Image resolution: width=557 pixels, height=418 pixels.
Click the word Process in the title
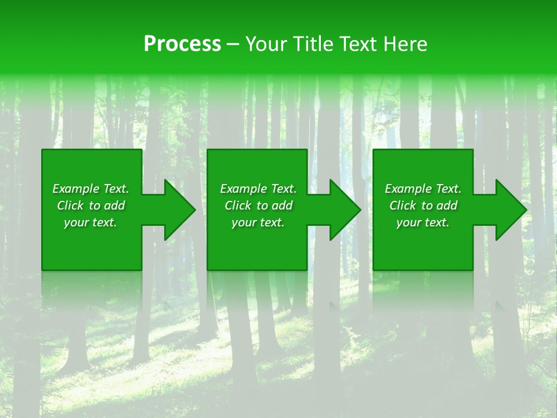182,44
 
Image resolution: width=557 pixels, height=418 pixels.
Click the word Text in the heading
359,44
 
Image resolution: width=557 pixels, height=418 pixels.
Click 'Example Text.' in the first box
91,189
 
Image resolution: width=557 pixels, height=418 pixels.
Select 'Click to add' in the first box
91,206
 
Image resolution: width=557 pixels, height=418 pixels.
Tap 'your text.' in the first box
91,222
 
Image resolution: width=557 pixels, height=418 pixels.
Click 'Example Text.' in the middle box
258,189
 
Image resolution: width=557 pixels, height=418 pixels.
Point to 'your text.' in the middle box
258,222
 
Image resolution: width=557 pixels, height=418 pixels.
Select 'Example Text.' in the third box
423,189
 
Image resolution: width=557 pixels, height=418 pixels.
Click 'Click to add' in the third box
423,206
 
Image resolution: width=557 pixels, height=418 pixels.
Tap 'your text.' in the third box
423,222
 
